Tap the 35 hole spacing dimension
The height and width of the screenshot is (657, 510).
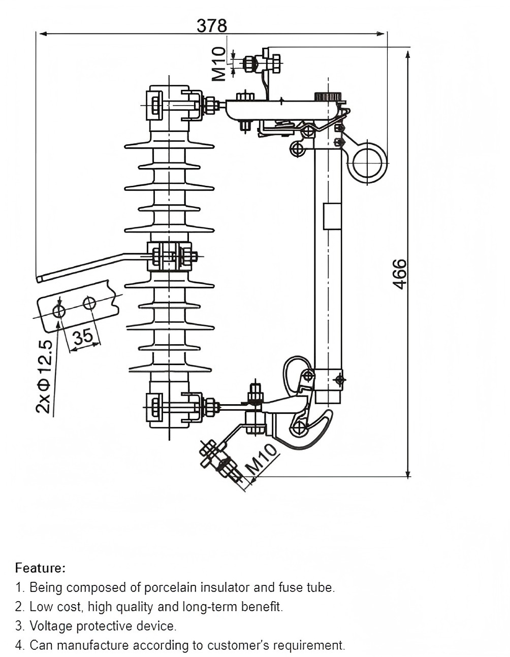pyautogui.click(x=83, y=336)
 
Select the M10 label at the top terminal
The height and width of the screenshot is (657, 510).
pyautogui.click(x=219, y=64)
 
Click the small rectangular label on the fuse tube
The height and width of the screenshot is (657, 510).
pyautogui.click(x=332, y=216)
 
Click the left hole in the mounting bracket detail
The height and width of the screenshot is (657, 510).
pyautogui.click(x=59, y=311)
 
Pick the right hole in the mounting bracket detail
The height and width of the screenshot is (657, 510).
pyautogui.click(x=89, y=303)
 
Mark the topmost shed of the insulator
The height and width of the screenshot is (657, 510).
pyautogui.click(x=169, y=146)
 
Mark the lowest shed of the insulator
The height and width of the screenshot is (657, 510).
pyautogui.click(x=170, y=368)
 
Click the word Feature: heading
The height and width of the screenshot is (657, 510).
pyautogui.click(x=41, y=568)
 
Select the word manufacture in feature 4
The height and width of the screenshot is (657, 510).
pyautogui.click(x=93, y=645)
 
